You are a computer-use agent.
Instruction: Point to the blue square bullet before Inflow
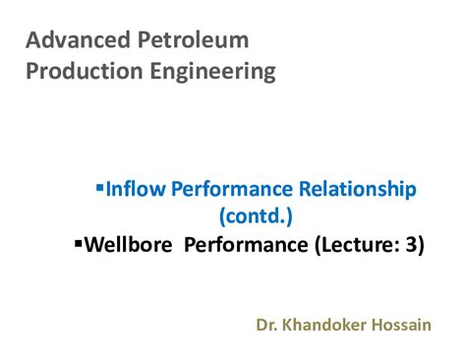99,185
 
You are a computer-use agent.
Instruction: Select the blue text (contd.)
257,215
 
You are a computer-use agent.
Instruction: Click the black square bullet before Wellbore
79,241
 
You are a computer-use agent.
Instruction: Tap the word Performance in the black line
247,244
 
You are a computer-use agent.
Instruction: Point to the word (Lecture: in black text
353,244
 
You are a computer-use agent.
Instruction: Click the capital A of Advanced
32,40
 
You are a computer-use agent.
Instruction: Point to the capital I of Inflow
107,189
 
